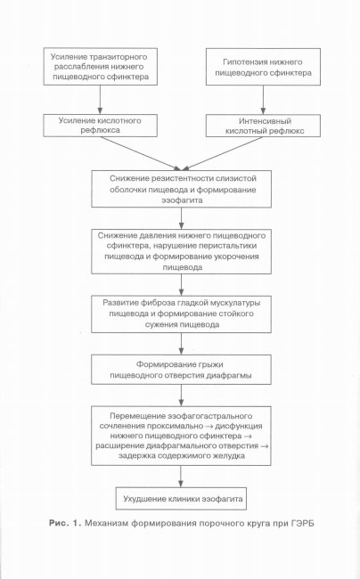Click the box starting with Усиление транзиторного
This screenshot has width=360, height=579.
[x=101, y=67]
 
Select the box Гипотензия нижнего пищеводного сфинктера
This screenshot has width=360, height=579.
[x=263, y=67]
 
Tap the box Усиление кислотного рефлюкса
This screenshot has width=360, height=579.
[x=101, y=126]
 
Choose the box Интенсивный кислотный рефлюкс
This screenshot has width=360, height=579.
[x=263, y=126]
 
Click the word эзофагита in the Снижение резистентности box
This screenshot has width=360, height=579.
[x=182, y=200]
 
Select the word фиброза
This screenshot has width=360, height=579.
[x=158, y=303]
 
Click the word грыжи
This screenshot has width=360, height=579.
[x=211, y=365]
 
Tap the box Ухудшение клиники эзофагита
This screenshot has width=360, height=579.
[x=181, y=499]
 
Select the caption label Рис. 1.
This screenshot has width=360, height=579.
[x=65, y=523]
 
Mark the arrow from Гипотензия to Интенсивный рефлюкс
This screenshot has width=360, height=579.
[x=263, y=100]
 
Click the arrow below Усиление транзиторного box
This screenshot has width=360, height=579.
[x=100, y=100]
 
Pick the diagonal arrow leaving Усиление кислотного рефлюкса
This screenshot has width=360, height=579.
[x=141, y=153]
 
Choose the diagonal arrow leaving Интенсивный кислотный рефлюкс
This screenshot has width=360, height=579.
[x=222, y=153]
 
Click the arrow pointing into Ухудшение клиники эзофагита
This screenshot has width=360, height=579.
[x=181, y=477]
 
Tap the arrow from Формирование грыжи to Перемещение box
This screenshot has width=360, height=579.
[x=181, y=396]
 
